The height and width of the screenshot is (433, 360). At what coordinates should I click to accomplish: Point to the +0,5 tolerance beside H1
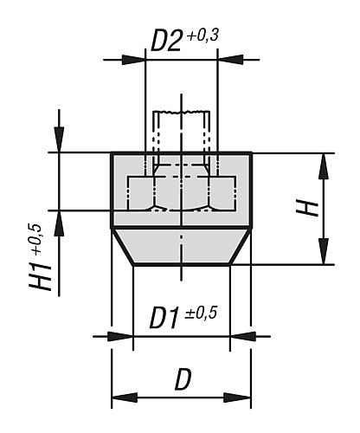click(35, 236)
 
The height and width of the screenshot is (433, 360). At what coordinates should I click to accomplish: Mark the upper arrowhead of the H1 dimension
click(59, 142)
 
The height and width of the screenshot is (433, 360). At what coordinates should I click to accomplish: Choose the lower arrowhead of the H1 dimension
click(59, 220)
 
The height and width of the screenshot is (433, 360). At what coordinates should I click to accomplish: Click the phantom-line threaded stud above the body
click(181, 130)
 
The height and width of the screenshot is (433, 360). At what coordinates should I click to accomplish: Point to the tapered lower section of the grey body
click(181, 247)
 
